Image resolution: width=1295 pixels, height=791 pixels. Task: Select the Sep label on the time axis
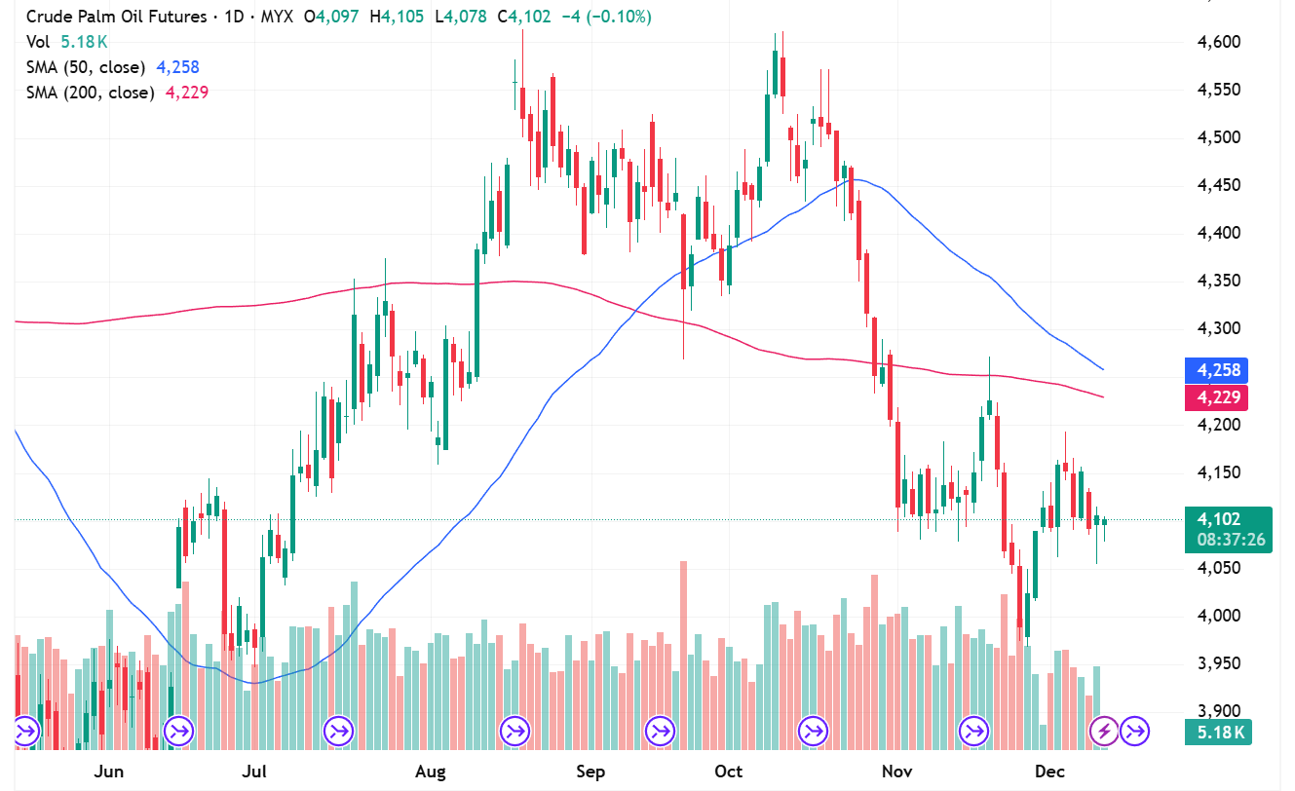point(590,772)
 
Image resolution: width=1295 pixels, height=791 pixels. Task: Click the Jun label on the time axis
point(109,772)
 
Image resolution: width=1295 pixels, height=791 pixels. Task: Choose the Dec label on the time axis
point(1048,772)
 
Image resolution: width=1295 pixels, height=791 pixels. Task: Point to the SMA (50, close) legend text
point(86,67)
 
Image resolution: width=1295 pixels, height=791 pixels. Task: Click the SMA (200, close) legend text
point(90,93)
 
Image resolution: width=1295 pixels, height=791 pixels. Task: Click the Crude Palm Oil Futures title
point(116,17)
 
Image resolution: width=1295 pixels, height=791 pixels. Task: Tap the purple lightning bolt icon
point(1104,730)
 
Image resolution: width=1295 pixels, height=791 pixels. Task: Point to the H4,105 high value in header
point(403,17)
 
